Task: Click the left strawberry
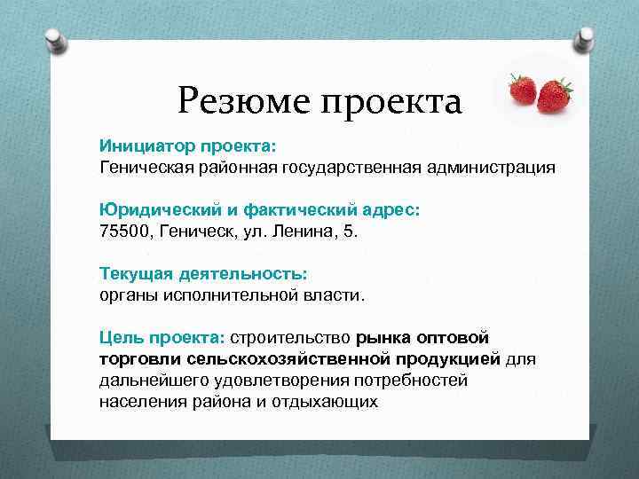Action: pos(522,89)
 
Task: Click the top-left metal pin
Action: pos(52,40)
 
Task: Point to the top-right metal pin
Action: pos(587,38)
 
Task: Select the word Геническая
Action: pos(143,166)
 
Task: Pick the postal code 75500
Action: pos(124,231)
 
